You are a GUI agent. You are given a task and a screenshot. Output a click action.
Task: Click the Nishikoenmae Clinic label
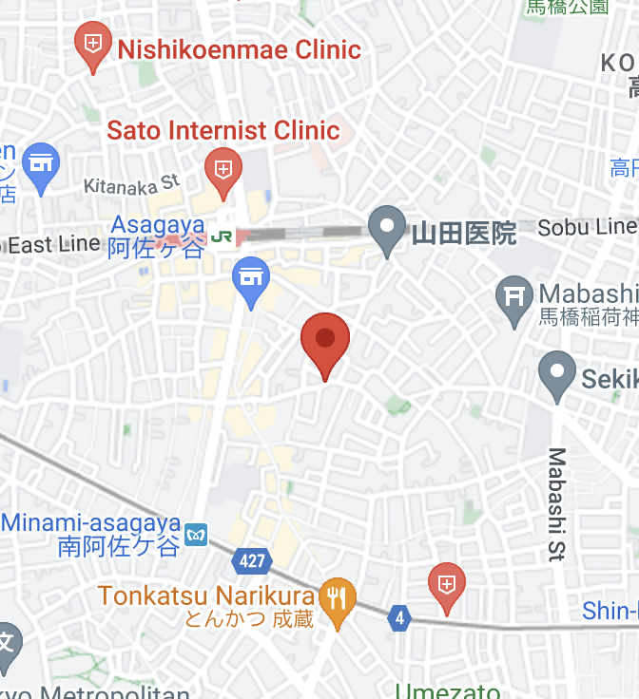(239, 48)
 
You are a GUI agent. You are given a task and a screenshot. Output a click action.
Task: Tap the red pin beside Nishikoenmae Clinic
(93, 46)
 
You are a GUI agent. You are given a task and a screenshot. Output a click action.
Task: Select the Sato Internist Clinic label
(223, 130)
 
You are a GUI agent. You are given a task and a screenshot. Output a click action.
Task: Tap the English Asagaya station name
(157, 225)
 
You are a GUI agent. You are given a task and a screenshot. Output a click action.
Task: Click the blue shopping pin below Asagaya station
(251, 280)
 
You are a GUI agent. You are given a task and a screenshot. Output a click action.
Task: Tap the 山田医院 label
(463, 233)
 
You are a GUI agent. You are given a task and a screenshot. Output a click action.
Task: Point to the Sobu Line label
(586, 227)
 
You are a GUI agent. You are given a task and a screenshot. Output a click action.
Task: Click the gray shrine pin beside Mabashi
(514, 297)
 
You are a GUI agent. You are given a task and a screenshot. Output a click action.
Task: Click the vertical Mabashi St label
(556, 506)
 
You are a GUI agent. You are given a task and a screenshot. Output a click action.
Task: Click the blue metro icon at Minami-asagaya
(197, 535)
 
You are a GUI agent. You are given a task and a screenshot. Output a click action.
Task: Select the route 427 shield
(252, 561)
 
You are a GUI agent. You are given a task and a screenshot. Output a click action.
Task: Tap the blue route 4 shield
(399, 619)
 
